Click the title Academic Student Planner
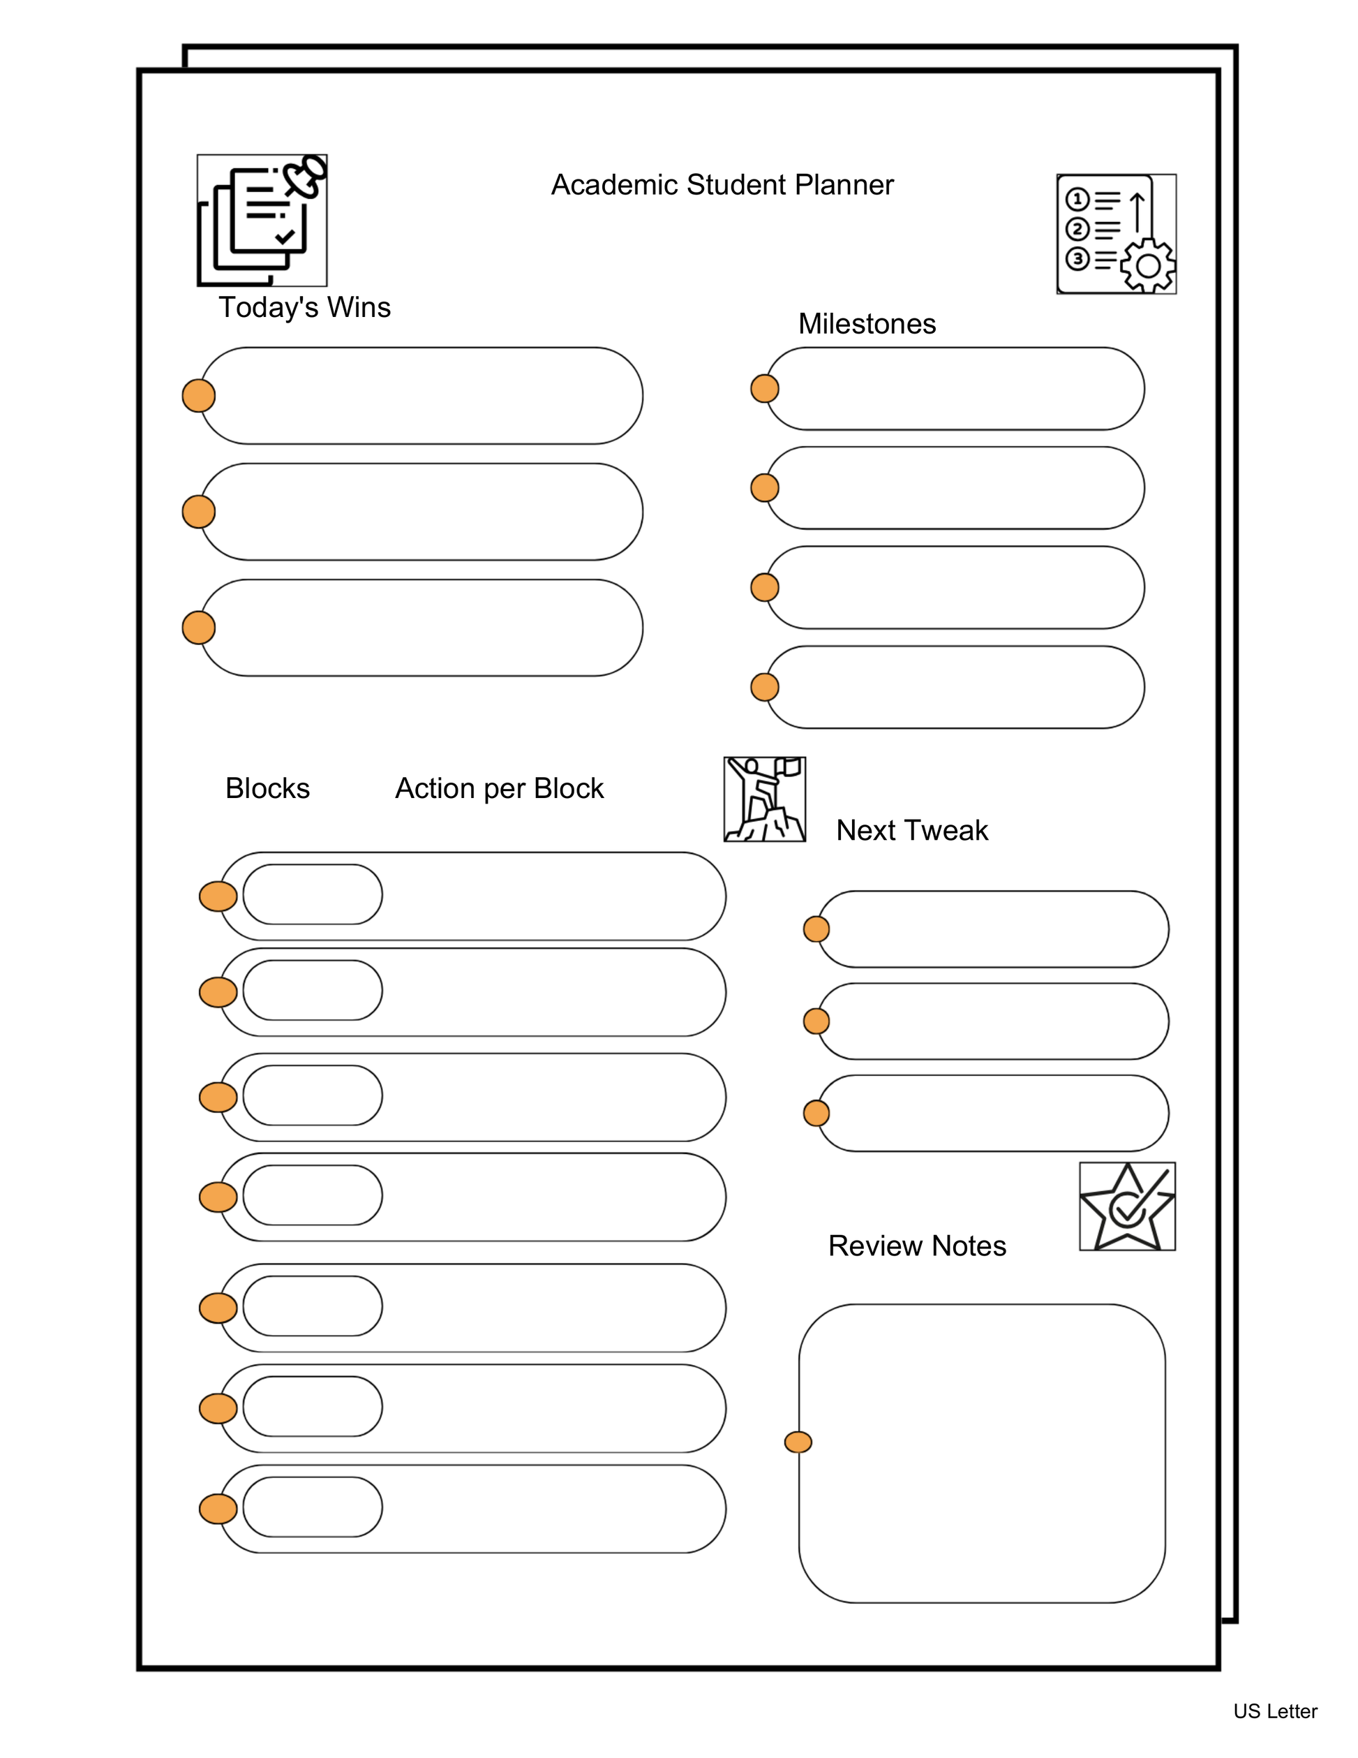pyautogui.click(x=722, y=185)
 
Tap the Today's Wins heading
pyautogui.click(x=304, y=307)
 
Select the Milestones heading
pyautogui.click(x=867, y=323)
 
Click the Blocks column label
pyautogui.click(x=267, y=788)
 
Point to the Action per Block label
pyautogui.click(x=499, y=788)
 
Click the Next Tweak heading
pyautogui.click(x=911, y=830)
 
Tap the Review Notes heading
pyautogui.click(x=916, y=1246)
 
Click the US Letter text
pyautogui.click(x=1274, y=1711)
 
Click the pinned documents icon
pyautogui.click(x=262, y=220)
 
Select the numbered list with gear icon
pyautogui.click(x=1116, y=233)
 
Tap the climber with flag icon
pyautogui.click(x=764, y=799)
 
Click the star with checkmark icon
pyautogui.click(x=1126, y=1206)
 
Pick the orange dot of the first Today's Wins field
pyautogui.click(x=199, y=395)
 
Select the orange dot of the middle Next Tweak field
pyautogui.click(x=816, y=1021)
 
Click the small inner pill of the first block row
pyautogui.click(x=312, y=894)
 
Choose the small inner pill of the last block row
pyautogui.click(x=312, y=1507)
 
